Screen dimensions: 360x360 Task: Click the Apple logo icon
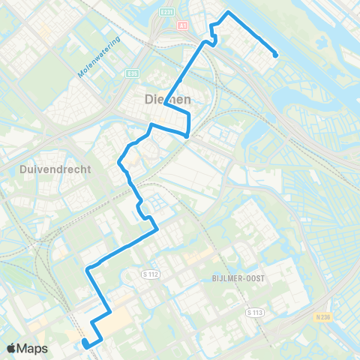tap(12, 348)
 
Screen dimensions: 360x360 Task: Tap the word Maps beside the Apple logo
tap(34, 348)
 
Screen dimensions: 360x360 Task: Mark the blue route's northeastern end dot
tap(276, 55)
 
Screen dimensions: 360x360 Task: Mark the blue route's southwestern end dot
tap(85, 344)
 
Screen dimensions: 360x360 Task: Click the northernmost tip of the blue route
tap(228, 13)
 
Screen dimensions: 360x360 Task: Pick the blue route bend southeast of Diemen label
tap(186, 135)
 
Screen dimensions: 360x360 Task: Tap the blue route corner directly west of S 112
tap(88, 268)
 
